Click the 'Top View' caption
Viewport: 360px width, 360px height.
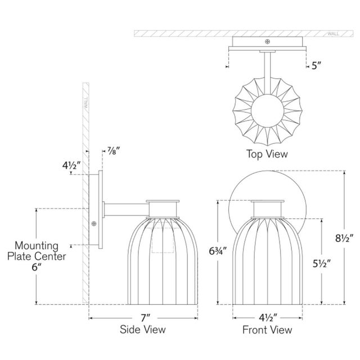[267, 154]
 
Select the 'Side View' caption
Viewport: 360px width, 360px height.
[142, 329]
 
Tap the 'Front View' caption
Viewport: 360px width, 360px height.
[267, 330]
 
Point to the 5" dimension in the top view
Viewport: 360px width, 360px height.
[316, 66]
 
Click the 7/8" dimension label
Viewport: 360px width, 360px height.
[114, 151]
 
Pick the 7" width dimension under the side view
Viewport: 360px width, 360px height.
[145, 318]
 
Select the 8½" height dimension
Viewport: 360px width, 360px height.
[344, 238]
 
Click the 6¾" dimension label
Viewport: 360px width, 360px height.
[218, 251]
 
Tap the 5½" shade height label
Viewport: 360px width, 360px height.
[321, 264]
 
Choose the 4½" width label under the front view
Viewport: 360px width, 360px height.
[268, 318]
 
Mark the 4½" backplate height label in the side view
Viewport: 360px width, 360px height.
[71, 165]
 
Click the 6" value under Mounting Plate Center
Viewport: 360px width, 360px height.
[37, 267]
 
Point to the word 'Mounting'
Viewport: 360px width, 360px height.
[37, 246]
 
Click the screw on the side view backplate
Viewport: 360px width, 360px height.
[94, 224]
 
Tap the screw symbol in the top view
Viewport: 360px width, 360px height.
[267, 42]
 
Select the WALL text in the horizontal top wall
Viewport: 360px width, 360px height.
[333, 34]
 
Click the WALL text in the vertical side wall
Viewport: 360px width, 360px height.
[86, 102]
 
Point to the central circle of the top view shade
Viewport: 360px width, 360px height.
[268, 111]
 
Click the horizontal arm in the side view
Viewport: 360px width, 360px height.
[126, 209]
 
